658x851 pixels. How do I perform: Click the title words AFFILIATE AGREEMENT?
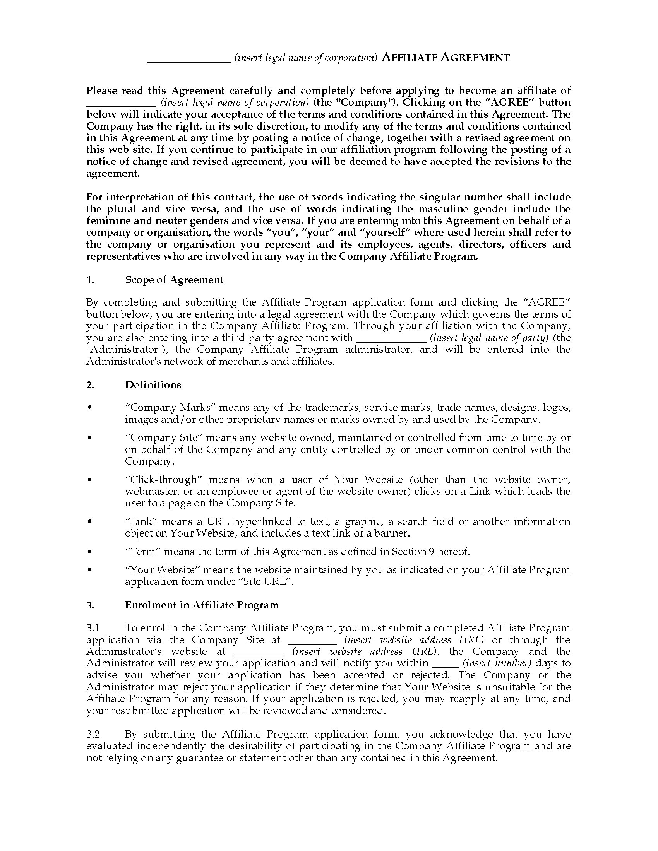[x=446, y=58]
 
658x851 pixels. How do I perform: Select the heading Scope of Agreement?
[x=174, y=280]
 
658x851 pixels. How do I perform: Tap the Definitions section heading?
[x=153, y=385]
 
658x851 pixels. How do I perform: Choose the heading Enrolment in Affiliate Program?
[x=202, y=605]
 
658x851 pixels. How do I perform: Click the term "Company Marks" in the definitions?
[x=170, y=408]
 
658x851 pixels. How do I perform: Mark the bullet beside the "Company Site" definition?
[x=90, y=437]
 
